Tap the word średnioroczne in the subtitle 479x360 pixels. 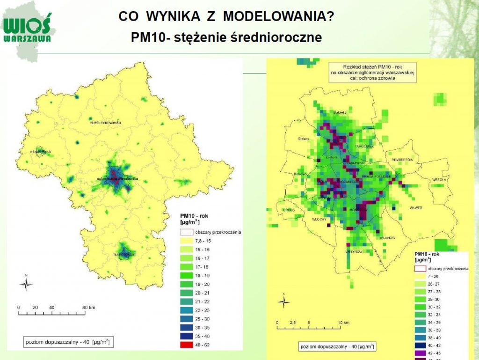click(276, 37)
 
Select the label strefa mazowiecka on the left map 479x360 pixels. click(106, 122)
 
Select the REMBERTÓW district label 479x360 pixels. click(403, 160)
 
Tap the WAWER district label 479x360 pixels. click(415, 207)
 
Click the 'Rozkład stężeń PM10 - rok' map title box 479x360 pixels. click(372, 72)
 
